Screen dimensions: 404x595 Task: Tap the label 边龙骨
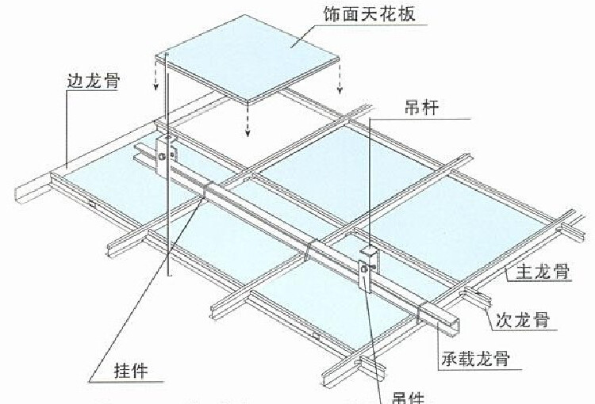tap(89, 81)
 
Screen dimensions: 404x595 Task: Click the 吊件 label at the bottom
tap(409, 396)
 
